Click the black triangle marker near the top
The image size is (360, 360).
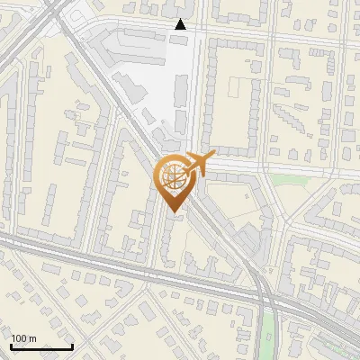click(181, 25)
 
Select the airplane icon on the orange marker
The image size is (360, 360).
click(198, 163)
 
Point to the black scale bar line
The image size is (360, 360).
click(41, 346)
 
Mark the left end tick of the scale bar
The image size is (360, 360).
click(11, 345)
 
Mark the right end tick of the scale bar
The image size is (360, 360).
click(72, 345)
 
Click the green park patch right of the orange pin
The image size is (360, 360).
click(285, 179)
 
